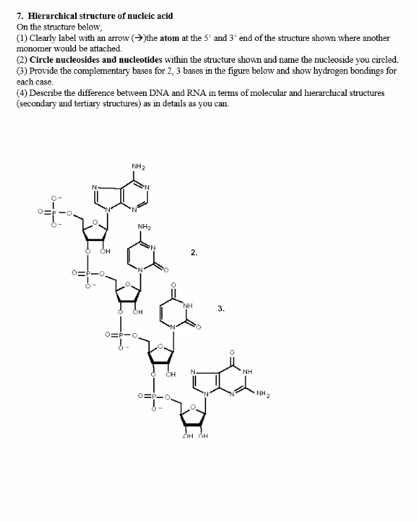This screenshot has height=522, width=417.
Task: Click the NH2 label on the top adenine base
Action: coord(138,166)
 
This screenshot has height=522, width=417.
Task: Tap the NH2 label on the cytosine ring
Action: coord(145,227)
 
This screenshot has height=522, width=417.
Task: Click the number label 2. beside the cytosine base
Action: coord(194,251)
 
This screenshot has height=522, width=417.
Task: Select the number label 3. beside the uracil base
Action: coord(221,309)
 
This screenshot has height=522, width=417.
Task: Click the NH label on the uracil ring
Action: coord(187,306)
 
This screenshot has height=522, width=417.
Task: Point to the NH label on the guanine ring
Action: coord(248,371)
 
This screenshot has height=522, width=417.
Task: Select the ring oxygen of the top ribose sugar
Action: coord(96,220)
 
